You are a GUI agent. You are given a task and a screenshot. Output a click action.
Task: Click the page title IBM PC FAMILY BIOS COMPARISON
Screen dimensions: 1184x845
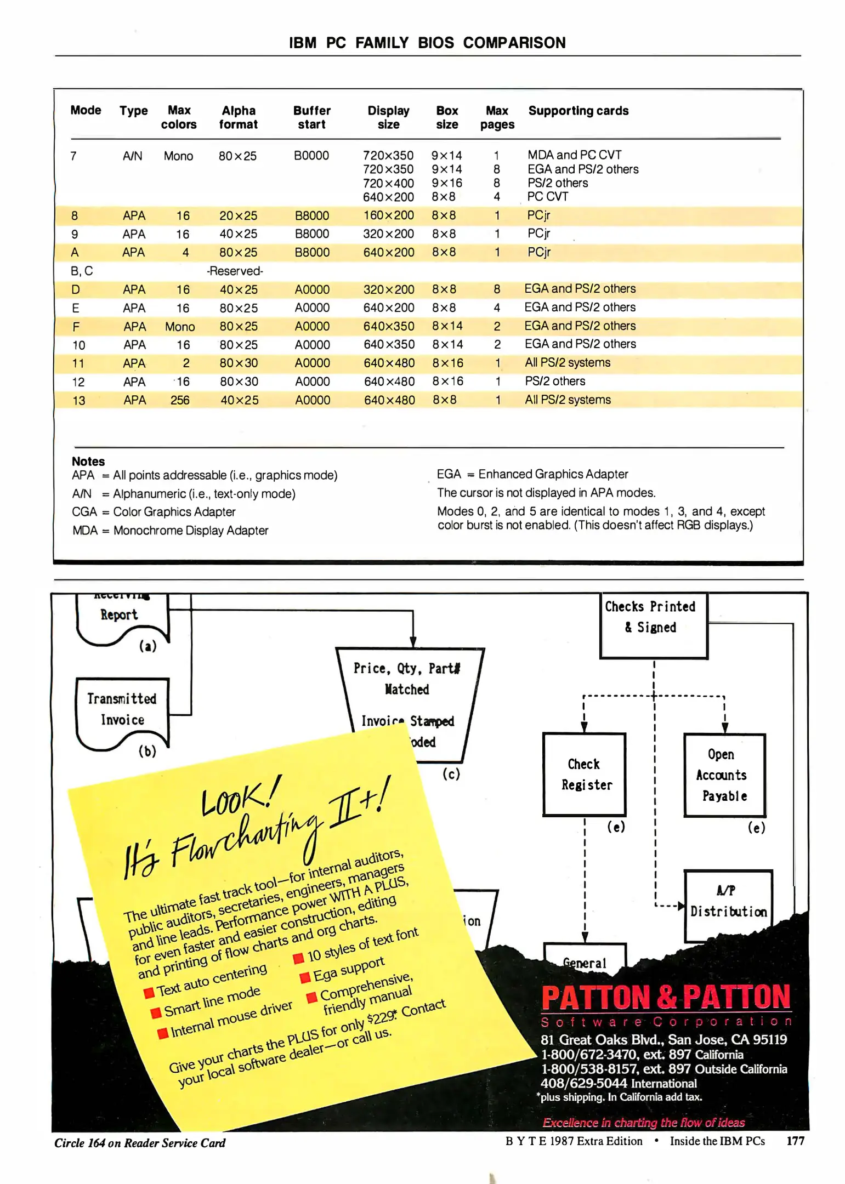tap(427, 43)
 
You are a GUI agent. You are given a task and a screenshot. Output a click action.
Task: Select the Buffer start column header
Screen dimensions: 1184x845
tap(311, 117)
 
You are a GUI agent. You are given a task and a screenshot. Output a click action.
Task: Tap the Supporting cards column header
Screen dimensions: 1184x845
tap(578, 111)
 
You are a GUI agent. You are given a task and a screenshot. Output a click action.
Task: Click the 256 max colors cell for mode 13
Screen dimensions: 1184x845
tap(180, 400)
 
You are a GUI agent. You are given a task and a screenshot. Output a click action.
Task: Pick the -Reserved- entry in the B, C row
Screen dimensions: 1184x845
tap(235, 271)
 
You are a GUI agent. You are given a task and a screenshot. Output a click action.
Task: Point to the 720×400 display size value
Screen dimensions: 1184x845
tap(388, 183)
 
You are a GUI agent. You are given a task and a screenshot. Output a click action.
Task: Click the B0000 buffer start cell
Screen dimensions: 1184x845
tap(311, 156)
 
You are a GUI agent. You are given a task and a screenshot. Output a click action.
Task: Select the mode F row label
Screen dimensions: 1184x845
tap(76, 327)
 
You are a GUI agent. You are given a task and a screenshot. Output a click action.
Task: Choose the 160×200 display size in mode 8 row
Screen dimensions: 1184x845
tap(388, 215)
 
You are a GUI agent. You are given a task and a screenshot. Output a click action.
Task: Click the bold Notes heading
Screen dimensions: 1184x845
tap(88, 462)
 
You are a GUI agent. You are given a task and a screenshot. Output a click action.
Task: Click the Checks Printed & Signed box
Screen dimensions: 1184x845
tap(653, 624)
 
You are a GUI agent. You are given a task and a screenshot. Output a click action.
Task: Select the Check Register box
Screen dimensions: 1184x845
tap(585, 774)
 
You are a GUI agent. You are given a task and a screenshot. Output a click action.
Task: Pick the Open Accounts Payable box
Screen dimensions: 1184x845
tap(724, 775)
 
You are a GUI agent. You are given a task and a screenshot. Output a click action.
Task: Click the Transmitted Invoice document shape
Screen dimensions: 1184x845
tap(122, 710)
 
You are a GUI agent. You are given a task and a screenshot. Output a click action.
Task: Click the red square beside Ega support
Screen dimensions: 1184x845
tap(305, 978)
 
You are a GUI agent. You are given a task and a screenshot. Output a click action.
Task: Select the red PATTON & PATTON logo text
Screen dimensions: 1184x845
tap(666, 997)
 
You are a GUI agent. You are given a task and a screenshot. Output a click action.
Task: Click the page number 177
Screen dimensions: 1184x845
tap(795, 1141)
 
